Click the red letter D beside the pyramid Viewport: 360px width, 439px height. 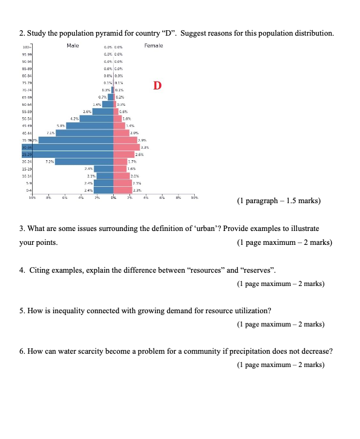point(157,85)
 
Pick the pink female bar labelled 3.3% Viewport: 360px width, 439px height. point(126,147)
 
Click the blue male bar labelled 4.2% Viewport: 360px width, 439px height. point(97,119)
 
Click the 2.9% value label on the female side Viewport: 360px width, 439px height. point(144,140)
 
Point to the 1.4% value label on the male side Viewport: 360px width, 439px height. point(97,104)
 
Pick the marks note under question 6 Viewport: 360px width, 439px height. point(281,365)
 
